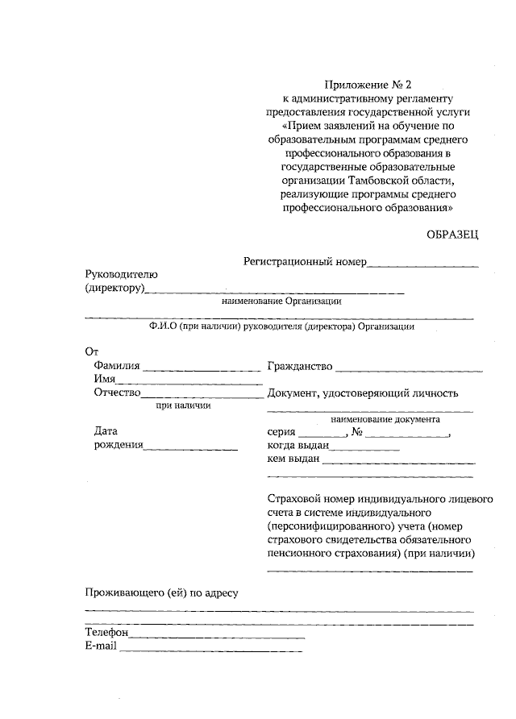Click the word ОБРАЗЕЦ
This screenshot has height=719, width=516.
[452, 235]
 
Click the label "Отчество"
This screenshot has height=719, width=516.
[118, 393]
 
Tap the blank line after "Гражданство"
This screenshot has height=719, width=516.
[410, 370]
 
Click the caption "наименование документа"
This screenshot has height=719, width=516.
[385, 420]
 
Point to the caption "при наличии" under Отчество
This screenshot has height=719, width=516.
[183, 405]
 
